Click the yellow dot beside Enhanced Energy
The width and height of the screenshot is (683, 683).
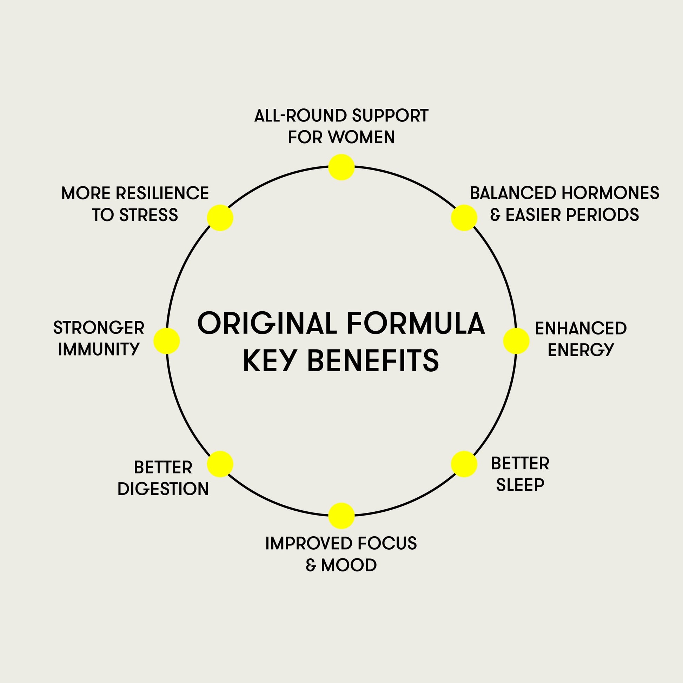(516, 341)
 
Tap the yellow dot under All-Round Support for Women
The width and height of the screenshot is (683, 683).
(341, 167)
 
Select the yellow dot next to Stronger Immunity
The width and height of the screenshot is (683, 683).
(166, 341)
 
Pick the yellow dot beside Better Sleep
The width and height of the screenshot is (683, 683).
(464, 464)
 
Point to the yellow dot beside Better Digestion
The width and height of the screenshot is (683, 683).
(220, 464)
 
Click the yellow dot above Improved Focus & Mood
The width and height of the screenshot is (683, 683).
(341, 516)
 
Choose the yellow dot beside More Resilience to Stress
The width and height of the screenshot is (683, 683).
(220, 218)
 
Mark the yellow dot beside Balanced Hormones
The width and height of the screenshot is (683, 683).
(464, 218)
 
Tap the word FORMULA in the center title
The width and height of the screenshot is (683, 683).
(416, 323)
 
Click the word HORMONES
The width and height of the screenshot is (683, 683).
(610, 193)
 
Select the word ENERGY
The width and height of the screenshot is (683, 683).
(581, 350)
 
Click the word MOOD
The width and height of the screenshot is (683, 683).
(349, 565)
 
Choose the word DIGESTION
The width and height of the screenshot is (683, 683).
(163, 489)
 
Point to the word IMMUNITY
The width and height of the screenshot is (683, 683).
(99, 349)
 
